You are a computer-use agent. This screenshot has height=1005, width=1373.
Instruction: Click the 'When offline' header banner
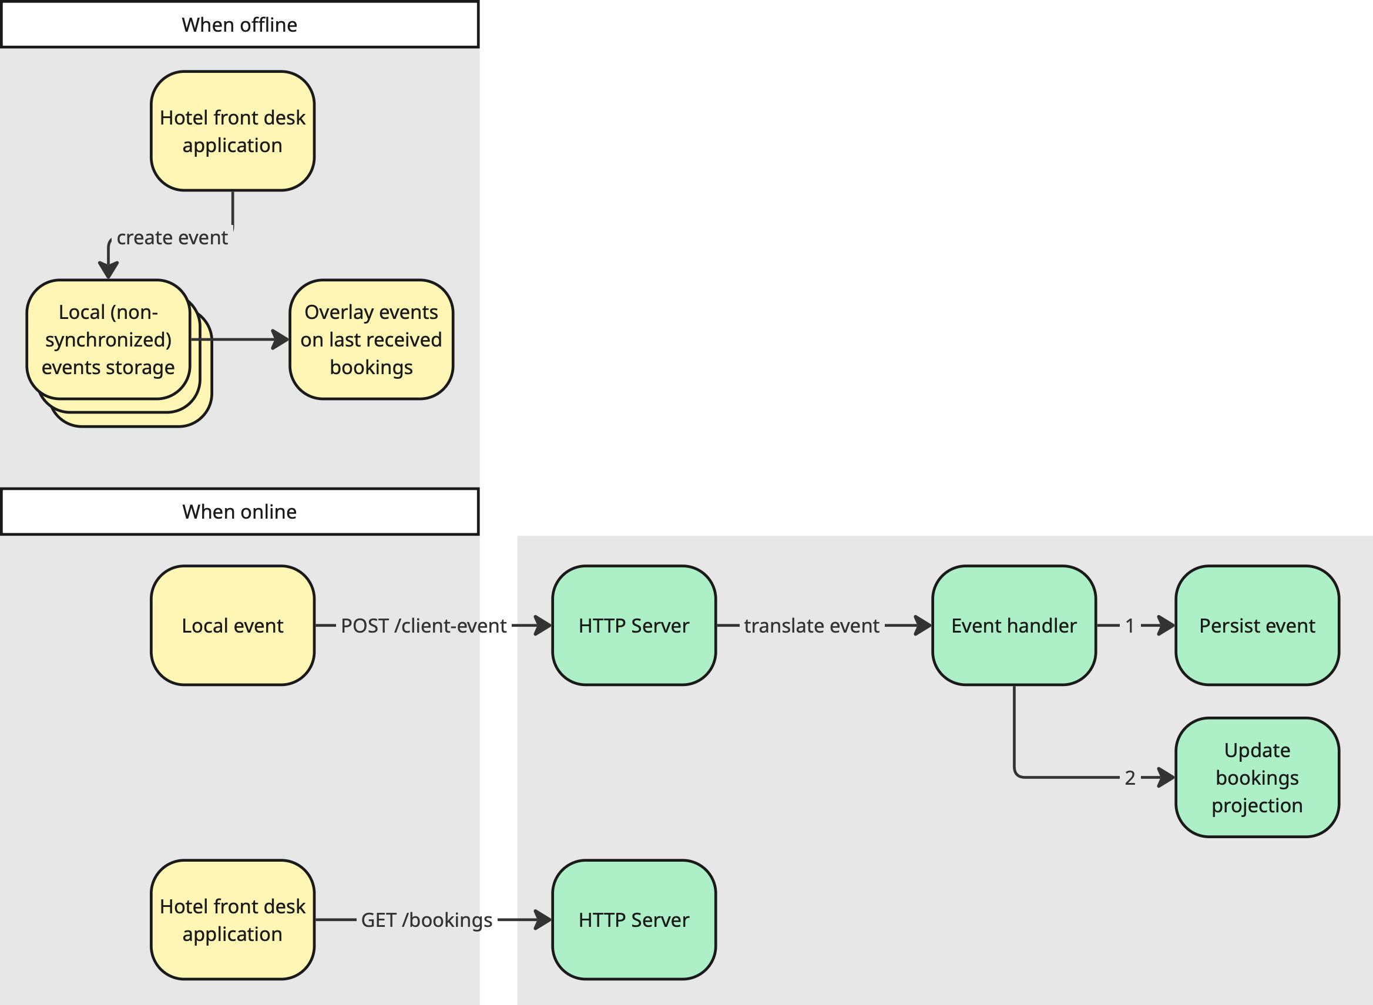(x=239, y=25)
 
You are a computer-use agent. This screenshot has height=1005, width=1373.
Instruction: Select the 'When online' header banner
(x=239, y=512)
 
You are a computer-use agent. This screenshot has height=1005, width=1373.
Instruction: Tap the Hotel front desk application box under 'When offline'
(x=233, y=131)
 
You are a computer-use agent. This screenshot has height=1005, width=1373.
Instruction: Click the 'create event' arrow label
(x=172, y=237)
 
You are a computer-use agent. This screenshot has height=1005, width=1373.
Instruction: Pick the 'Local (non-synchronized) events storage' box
(x=108, y=340)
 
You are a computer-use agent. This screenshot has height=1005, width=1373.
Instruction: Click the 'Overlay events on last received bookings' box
(x=371, y=340)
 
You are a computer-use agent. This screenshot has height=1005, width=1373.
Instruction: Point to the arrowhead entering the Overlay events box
(x=281, y=340)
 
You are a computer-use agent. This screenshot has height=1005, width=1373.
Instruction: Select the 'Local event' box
(x=233, y=626)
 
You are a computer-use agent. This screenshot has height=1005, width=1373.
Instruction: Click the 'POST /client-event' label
(x=424, y=626)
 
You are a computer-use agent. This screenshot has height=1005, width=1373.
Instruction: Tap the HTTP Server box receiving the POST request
(x=634, y=626)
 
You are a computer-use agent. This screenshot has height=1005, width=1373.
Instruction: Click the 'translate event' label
(x=811, y=626)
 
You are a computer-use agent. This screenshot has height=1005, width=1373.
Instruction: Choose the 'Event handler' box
(x=1013, y=626)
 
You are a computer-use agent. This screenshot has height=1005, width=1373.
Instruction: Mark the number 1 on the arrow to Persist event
(x=1130, y=626)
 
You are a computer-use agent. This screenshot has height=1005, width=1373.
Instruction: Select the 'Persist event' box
(x=1257, y=626)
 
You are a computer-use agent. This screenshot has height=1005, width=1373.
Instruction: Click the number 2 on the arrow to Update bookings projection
(x=1130, y=778)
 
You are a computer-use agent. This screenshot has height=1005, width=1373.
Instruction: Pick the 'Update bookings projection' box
(x=1257, y=778)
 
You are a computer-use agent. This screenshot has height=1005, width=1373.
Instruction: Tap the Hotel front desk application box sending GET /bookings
(x=233, y=920)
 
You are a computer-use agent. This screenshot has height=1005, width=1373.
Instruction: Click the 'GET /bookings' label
(x=427, y=920)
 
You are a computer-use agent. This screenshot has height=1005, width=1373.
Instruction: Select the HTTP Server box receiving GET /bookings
(x=634, y=920)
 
